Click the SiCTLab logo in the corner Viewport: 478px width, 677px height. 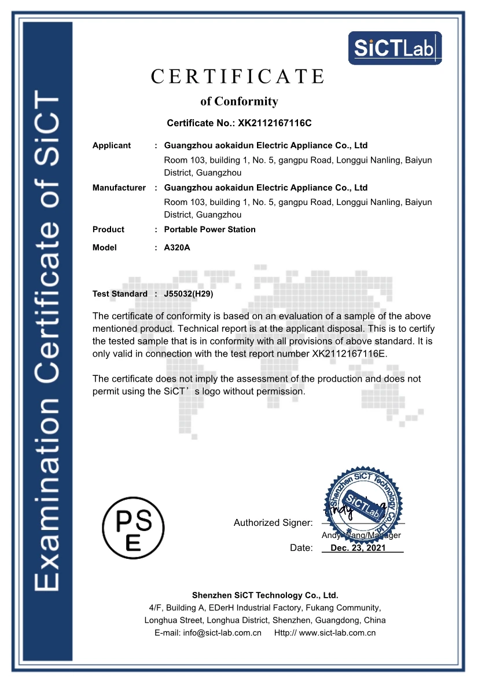(x=395, y=48)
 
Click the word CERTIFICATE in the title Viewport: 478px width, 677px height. (x=238, y=76)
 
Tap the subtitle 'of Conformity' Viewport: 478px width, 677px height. (x=239, y=101)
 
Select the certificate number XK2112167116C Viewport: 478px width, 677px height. (x=271, y=123)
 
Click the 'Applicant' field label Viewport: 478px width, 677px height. (x=112, y=145)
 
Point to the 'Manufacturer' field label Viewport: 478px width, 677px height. (x=119, y=188)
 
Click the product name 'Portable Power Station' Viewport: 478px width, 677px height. (x=209, y=229)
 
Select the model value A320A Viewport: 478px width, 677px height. (x=177, y=247)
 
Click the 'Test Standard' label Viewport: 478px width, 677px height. (x=120, y=294)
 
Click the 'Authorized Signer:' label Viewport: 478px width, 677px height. (x=273, y=523)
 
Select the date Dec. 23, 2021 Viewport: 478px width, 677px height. (x=358, y=548)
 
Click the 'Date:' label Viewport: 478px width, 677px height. (x=301, y=548)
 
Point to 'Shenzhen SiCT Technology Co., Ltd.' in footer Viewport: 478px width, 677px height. (x=264, y=595)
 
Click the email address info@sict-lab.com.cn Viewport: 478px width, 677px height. (x=223, y=633)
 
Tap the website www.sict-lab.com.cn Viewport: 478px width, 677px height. (x=337, y=633)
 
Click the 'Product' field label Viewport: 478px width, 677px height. (x=108, y=229)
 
